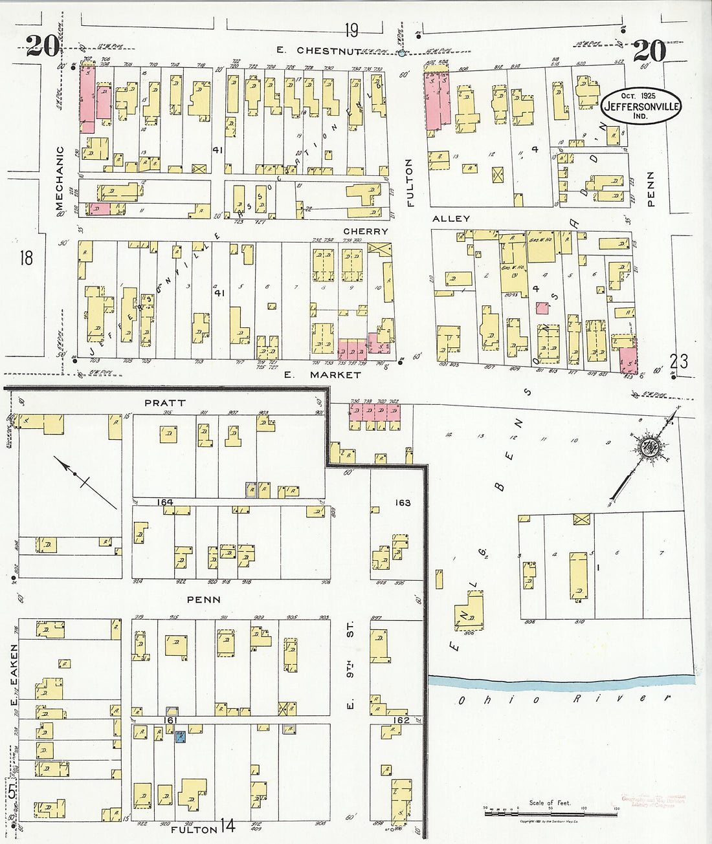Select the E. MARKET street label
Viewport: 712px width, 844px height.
[326, 374]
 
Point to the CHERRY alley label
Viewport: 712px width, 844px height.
[366, 231]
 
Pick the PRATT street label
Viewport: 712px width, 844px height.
[164, 402]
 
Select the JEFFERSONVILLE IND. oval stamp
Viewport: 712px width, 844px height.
[641, 105]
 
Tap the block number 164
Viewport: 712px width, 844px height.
[166, 502]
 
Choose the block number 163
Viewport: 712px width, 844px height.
[402, 502]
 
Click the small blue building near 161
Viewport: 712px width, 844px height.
[181, 736]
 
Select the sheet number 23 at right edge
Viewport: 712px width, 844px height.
[679, 360]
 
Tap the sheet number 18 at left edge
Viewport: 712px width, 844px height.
[26, 259]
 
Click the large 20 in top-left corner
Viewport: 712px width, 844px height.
[42, 45]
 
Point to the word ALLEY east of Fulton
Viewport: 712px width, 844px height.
[451, 219]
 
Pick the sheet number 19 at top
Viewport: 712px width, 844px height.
[351, 30]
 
